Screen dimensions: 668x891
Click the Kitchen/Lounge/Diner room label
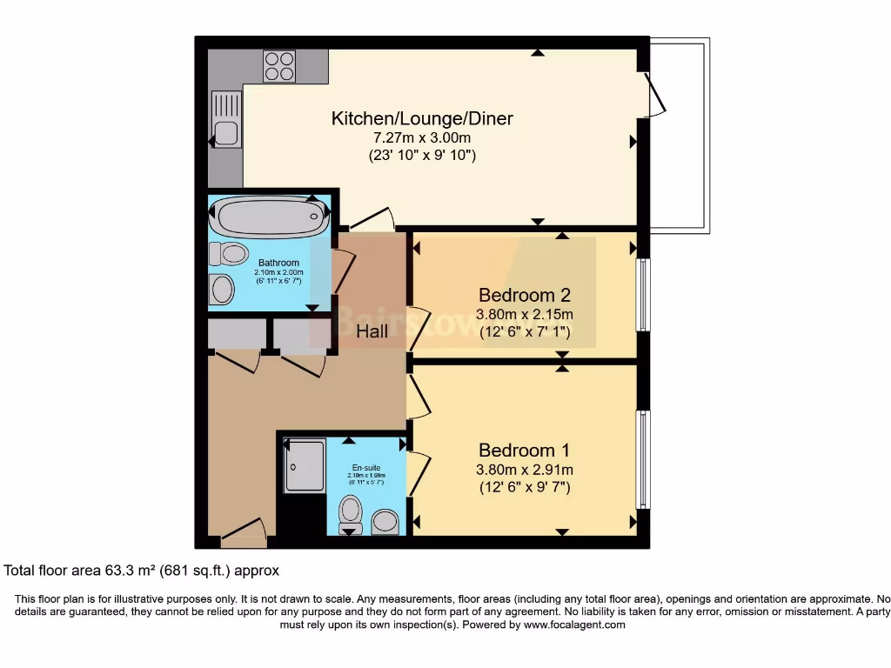(x=422, y=118)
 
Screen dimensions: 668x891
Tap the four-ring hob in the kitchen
(x=279, y=66)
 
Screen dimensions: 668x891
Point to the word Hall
(x=372, y=331)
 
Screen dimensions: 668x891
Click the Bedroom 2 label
(x=524, y=294)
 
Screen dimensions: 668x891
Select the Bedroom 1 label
(x=524, y=451)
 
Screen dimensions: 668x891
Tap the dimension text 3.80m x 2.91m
(x=524, y=470)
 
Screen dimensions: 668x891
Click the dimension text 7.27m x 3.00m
(x=422, y=138)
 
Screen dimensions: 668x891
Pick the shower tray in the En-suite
(x=305, y=465)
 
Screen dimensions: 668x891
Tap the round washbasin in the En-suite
(x=385, y=523)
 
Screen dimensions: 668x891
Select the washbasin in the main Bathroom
(x=222, y=289)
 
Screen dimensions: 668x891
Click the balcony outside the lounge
(x=680, y=135)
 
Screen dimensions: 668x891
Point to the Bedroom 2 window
(x=643, y=295)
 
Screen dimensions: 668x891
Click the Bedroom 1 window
(x=643, y=458)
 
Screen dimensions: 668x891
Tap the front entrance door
(x=243, y=533)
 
